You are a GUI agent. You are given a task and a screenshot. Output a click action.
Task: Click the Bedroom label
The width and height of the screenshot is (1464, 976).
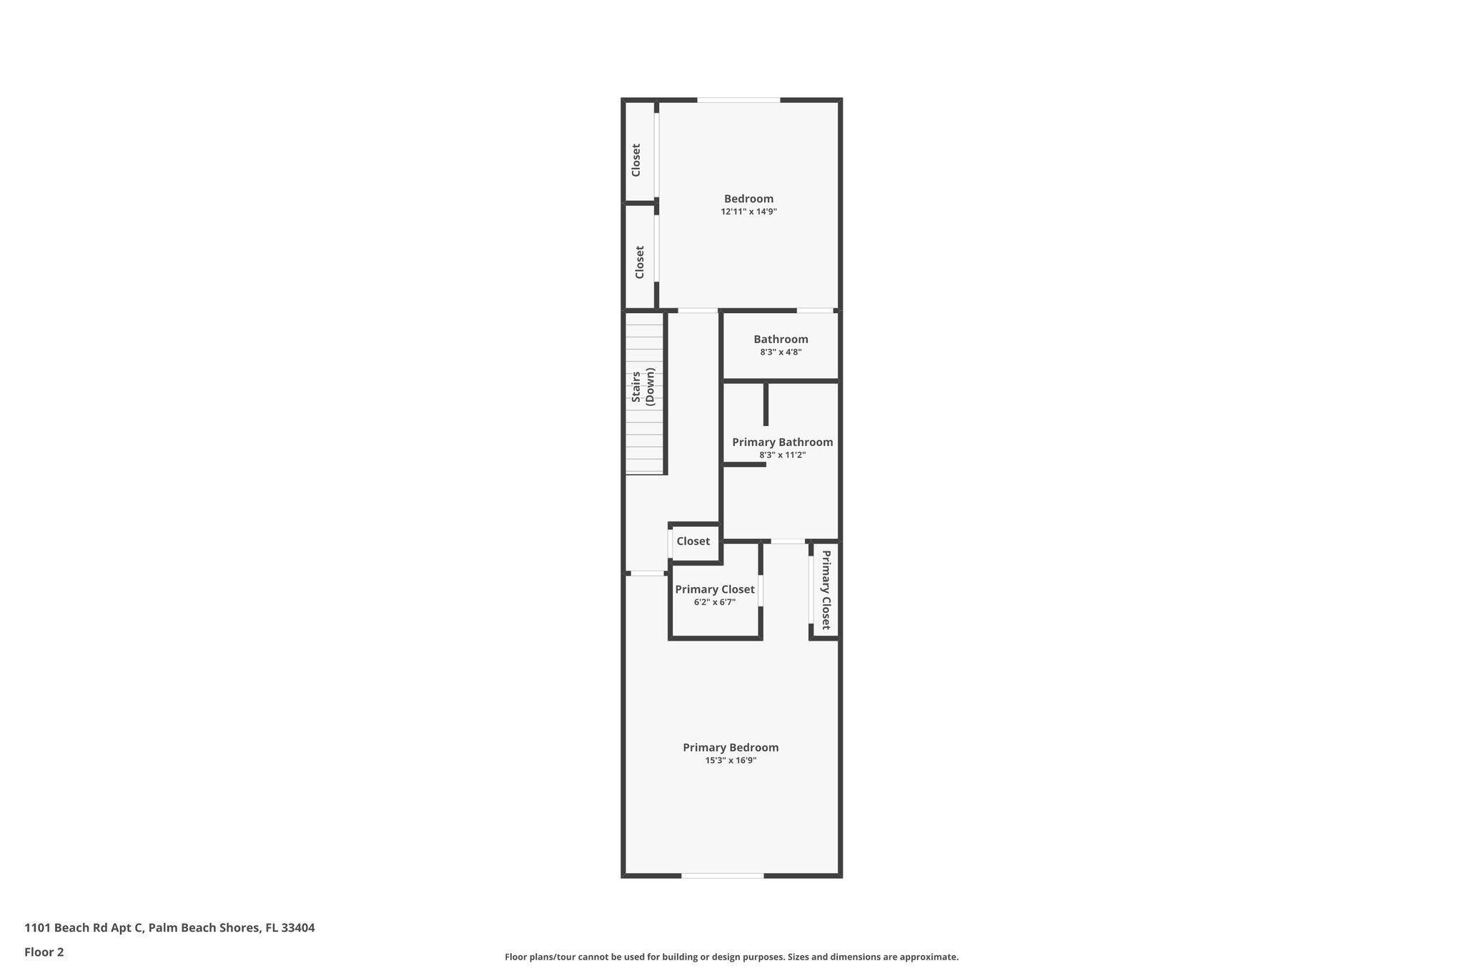pyautogui.click(x=748, y=199)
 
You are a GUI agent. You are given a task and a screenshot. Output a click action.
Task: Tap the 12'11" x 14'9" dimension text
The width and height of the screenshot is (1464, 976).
pyautogui.click(x=748, y=212)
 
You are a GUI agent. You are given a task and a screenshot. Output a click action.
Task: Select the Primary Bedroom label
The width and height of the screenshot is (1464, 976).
pyautogui.click(x=731, y=747)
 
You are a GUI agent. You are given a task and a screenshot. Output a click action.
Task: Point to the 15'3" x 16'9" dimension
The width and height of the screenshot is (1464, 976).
pyautogui.click(x=731, y=761)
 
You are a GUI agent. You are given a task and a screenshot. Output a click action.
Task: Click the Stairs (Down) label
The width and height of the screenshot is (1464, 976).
pyautogui.click(x=643, y=387)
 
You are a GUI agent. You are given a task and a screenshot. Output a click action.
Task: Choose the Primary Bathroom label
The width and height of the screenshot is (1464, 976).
pyautogui.click(x=782, y=442)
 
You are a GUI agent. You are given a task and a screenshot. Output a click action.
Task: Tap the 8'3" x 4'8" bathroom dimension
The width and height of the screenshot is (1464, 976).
pyautogui.click(x=781, y=353)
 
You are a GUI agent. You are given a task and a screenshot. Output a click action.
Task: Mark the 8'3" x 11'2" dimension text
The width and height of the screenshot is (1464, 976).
pyautogui.click(x=782, y=455)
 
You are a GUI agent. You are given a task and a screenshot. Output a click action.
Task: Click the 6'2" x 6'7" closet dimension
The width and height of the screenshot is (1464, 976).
pyautogui.click(x=714, y=602)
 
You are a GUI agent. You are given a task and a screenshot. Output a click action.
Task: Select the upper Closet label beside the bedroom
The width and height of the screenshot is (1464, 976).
pyautogui.click(x=635, y=160)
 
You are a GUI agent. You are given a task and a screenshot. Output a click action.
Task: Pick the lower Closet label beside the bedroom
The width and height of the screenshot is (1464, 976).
pyautogui.click(x=640, y=262)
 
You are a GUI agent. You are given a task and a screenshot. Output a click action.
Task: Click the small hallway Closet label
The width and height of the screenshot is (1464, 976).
pyautogui.click(x=693, y=541)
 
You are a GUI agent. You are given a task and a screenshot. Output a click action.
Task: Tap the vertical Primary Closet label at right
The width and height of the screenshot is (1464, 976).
pyautogui.click(x=826, y=590)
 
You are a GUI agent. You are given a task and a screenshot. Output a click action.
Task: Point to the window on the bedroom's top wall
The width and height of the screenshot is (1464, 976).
pyautogui.click(x=738, y=100)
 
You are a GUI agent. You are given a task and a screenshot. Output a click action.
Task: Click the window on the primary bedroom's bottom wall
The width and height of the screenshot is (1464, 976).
pyautogui.click(x=722, y=875)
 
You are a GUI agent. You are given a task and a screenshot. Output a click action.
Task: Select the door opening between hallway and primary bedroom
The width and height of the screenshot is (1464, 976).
pyautogui.click(x=647, y=573)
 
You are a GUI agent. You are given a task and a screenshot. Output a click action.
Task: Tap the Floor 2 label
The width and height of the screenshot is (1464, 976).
pyautogui.click(x=44, y=952)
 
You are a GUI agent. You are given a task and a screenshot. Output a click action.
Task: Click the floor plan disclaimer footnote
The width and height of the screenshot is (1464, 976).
pyautogui.click(x=731, y=957)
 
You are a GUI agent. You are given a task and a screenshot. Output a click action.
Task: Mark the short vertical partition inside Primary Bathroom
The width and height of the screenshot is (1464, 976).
pyautogui.click(x=766, y=404)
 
